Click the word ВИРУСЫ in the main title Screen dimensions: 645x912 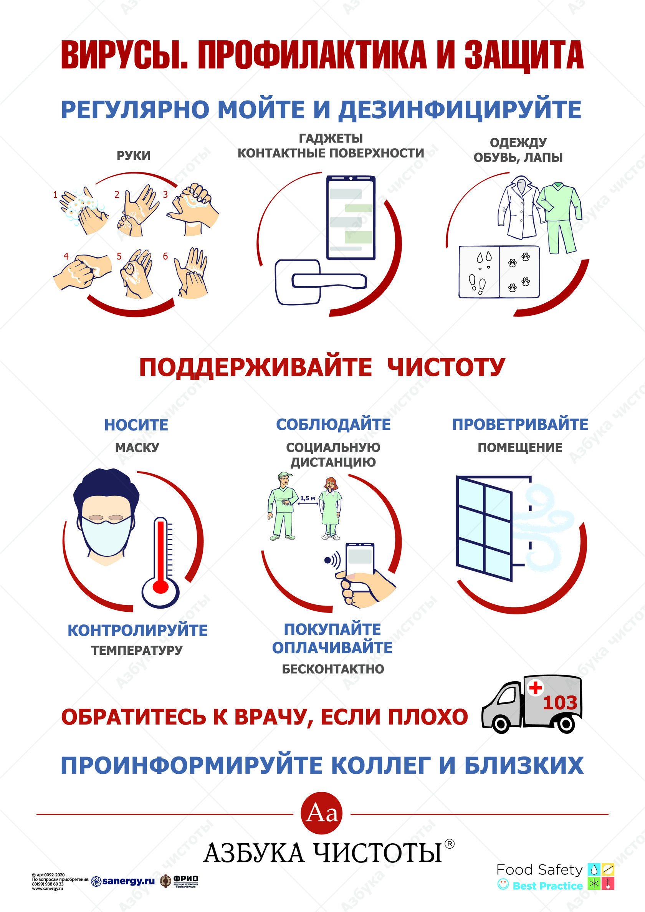[x=124, y=55]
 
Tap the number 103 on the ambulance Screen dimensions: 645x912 [x=560, y=703]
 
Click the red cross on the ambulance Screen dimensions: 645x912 [x=535, y=687]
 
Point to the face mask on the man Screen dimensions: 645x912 [x=106, y=536]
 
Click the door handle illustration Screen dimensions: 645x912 [x=329, y=280]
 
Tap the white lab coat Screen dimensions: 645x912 [x=518, y=209]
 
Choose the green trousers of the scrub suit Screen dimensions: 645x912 [x=561, y=236]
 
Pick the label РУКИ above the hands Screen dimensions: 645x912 [x=134, y=155]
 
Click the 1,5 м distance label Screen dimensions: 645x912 [x=308, y=498]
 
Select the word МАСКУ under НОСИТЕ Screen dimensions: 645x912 [x=137, y=448]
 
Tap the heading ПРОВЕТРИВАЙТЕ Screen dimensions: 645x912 [x=520, y=425]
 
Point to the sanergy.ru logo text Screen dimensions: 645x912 [x=128, y=881]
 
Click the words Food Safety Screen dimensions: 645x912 [x=539, y=870]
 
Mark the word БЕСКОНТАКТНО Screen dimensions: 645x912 [x=333, y=669]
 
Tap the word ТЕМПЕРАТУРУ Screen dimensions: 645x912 [x=137, y=650]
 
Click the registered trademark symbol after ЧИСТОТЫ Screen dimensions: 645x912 [x=449, y=843]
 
